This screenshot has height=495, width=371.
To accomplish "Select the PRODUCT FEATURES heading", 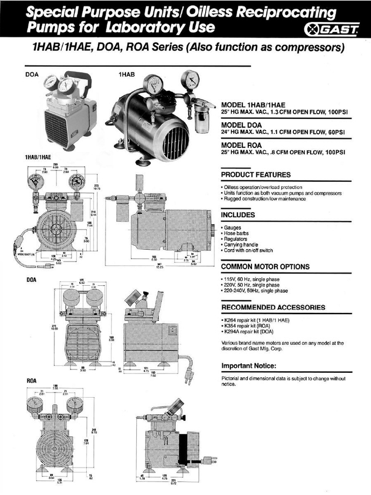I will (x=256, y=175).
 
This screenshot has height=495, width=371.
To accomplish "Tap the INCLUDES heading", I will (x=239, y=215).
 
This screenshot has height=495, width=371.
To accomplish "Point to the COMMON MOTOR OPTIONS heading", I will (x=265, y=267).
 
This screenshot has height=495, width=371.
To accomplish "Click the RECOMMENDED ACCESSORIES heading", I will (x=274, y=307).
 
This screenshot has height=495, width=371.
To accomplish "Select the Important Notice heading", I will (x=249, y=366).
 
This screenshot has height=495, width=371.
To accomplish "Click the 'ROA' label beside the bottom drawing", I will (x=31, y=381).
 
